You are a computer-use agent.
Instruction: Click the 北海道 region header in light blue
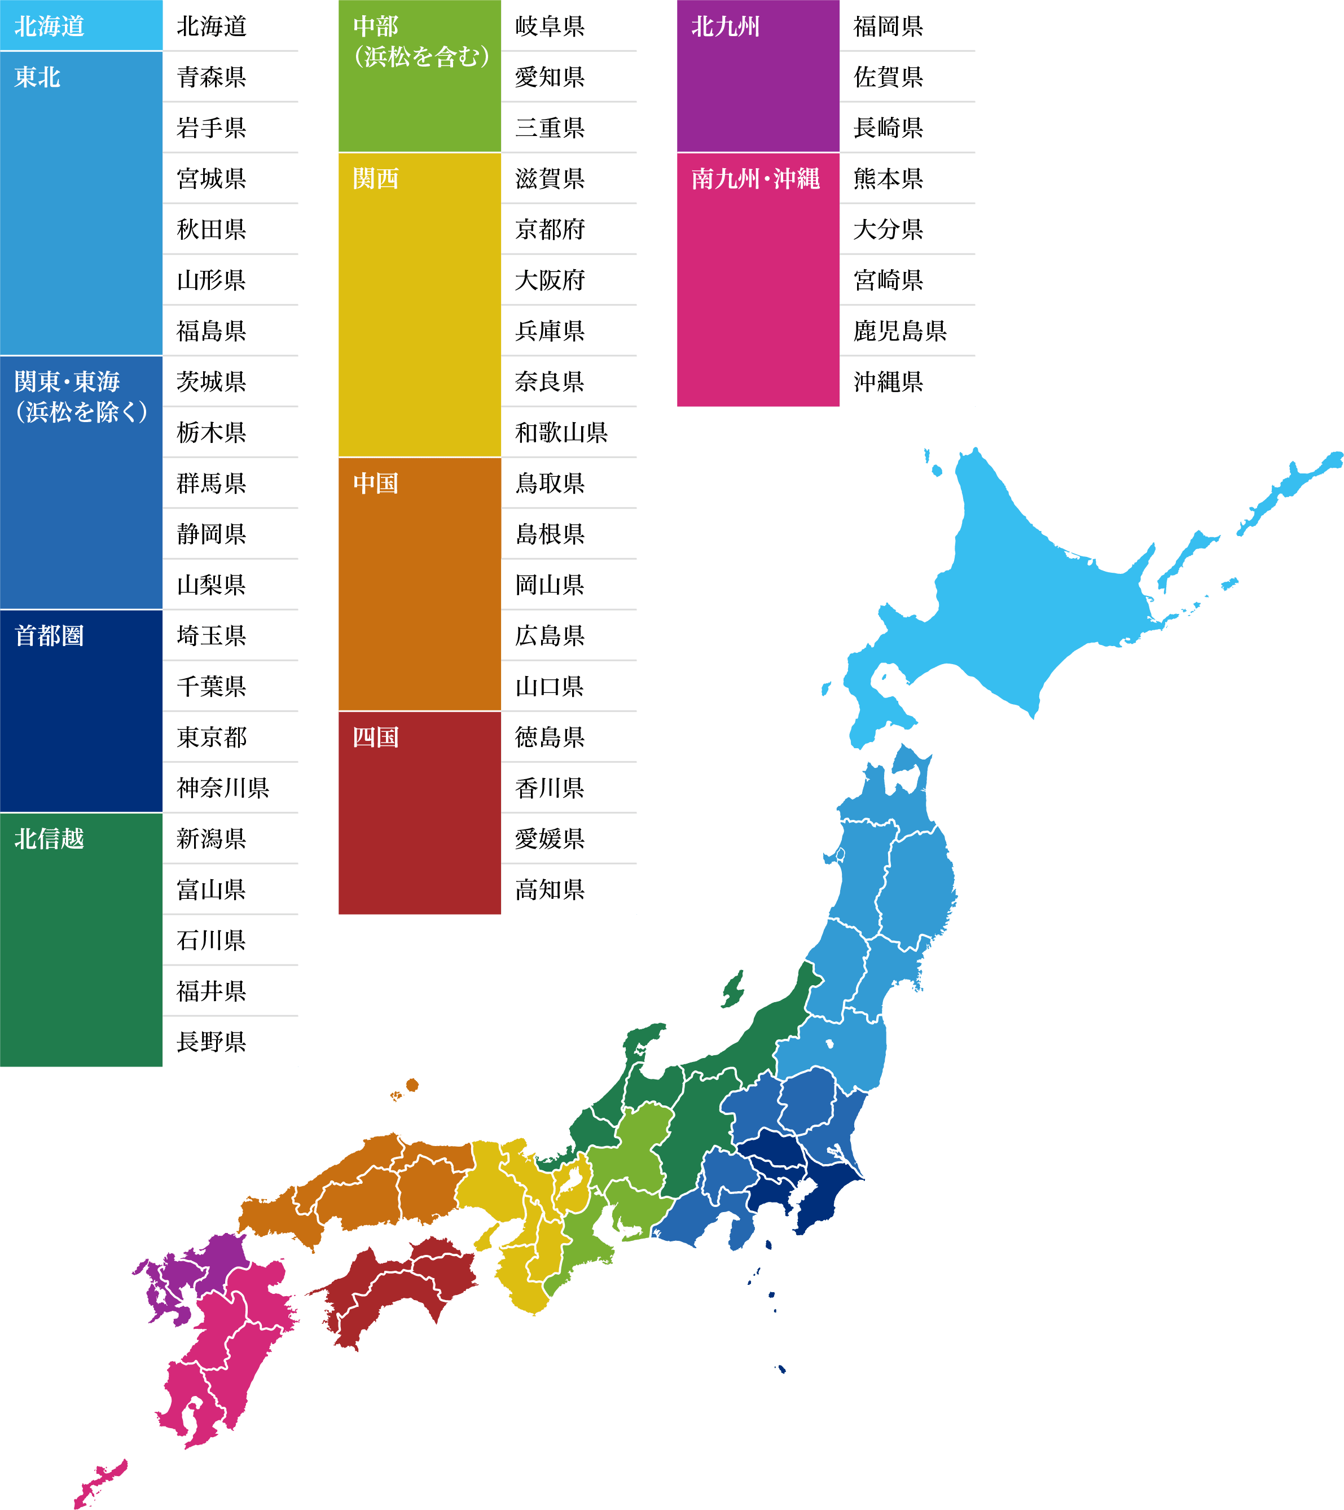coord(50,26)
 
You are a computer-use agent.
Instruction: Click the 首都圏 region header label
coord(50,635)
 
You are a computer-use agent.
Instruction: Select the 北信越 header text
coord(50,839)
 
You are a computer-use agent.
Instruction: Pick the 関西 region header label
coord(376,178)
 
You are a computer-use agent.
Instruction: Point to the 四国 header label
coord(376,736)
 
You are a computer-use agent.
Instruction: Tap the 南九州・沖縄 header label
coord(755,178)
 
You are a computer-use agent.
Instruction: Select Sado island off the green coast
coord(733,987)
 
